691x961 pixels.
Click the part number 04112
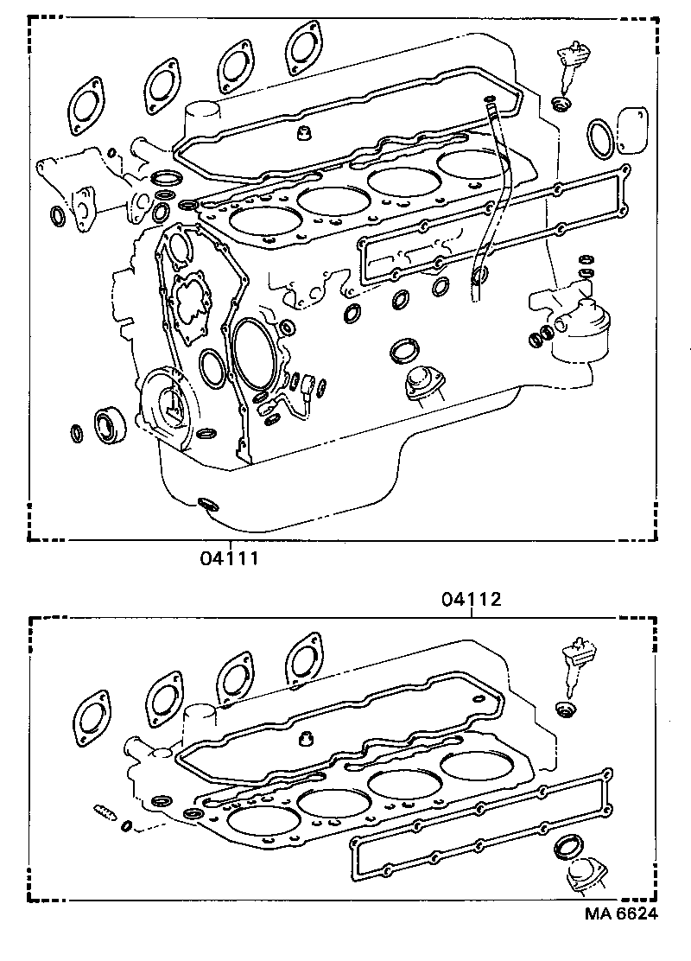(472, 599)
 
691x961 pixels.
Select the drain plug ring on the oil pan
(207, 503)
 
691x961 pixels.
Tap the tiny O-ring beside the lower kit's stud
(127, 827)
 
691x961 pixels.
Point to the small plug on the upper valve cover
(304, 132)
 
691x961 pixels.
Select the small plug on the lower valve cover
(304, 739)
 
